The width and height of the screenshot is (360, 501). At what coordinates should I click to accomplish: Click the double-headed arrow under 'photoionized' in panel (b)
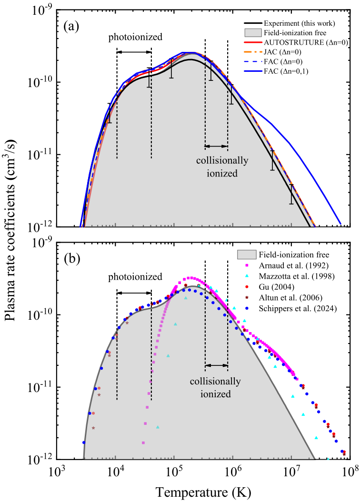click(x=134, y=293)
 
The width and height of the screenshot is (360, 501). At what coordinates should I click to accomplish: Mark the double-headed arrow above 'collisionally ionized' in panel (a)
click(x=216, y=146)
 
